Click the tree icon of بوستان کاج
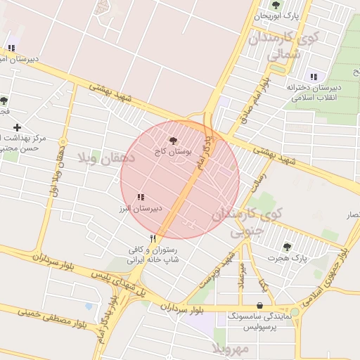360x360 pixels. (174, 141)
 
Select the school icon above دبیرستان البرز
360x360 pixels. (141, 198)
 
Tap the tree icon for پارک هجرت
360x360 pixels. (286, 247)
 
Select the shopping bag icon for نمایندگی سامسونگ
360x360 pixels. (262, 306)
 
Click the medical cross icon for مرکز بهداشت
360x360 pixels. (18, 127)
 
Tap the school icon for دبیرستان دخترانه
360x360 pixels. (314, 76)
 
